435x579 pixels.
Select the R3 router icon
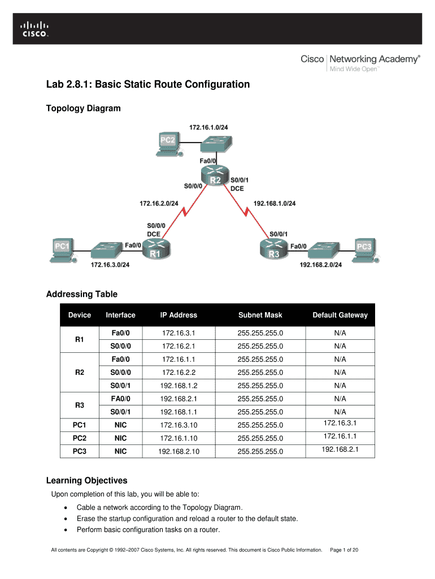[273, 249]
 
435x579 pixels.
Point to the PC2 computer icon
[167, 144]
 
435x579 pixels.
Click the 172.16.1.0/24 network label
[209, 128]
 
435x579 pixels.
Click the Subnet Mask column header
[260, 315]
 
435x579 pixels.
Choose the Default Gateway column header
[340, 315]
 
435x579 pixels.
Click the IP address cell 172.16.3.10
[179, 425]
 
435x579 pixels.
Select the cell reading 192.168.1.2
[179, 386]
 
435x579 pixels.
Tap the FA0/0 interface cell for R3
[120, 399]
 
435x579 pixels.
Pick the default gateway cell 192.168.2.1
[340, 450]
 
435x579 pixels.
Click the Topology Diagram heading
[83, 108]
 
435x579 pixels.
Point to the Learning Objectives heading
[86, 481]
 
